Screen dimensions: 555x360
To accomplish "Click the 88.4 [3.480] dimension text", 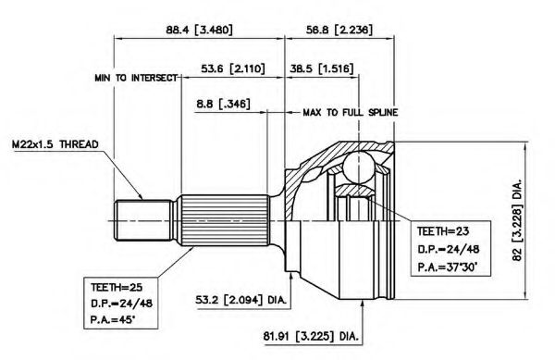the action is pos(200,30).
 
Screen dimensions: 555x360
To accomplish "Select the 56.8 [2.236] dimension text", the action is pos(339,30).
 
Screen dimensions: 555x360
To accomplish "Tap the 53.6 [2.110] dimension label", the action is pos(233,68).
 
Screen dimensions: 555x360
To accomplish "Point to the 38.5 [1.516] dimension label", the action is pos(321,68).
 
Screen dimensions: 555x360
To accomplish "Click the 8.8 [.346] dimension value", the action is pos(223,104).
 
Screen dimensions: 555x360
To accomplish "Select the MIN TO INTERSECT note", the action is pos(136,78).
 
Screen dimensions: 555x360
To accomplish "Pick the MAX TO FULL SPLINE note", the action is pos(351,113).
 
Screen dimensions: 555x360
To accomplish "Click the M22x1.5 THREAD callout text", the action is pos(55,144).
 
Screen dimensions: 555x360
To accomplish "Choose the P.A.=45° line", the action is pos(113,320).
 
